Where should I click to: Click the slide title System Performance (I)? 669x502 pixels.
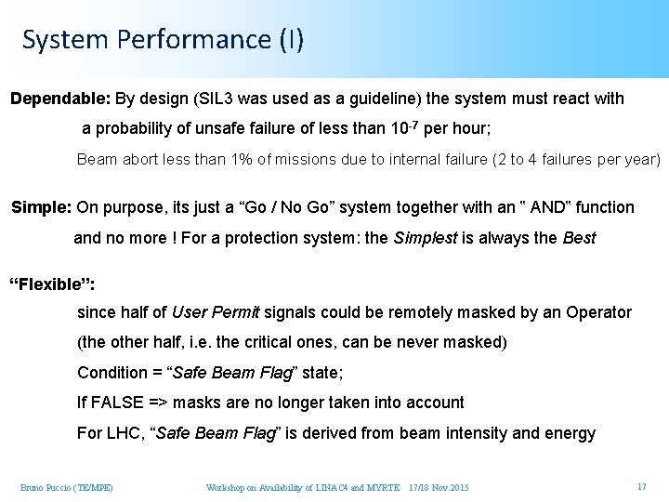click(163, 39)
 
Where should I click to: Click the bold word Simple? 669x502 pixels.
click(40, 207)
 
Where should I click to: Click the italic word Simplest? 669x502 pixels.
click(425, 238)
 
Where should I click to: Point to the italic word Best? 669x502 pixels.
click(579, 238)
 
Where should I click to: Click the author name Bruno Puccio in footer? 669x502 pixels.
click(52, 487)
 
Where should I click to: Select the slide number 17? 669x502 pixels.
click(641, 487)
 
